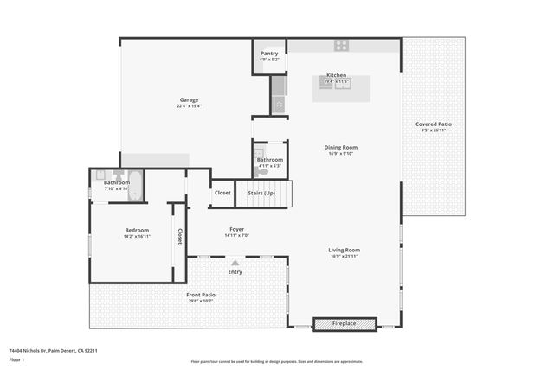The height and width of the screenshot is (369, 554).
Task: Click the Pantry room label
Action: pos(269,54)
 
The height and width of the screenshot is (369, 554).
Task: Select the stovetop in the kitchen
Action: pos(341,45)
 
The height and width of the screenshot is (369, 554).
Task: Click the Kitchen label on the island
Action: pos(336,75)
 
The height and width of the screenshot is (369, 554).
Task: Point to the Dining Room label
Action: pos(340,147)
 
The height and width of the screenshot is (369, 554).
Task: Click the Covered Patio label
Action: pos(436,124)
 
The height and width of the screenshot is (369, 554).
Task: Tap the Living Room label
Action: pos(344,250)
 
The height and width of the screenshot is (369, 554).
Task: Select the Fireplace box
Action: pos(344,324)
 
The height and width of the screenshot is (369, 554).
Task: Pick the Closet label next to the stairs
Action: pos(222,193)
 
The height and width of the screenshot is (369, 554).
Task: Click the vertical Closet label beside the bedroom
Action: pos(180,236)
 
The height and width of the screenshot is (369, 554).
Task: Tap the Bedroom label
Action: pos(137,230)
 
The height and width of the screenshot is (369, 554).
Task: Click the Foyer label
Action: pos(236,229)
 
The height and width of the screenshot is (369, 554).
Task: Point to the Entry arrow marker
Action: pos(235,262)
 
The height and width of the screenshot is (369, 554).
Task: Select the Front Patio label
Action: pos(200,295)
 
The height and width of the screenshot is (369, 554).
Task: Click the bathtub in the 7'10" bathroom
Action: pos(135,186)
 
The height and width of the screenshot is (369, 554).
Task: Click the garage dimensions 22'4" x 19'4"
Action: pos(189,106)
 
